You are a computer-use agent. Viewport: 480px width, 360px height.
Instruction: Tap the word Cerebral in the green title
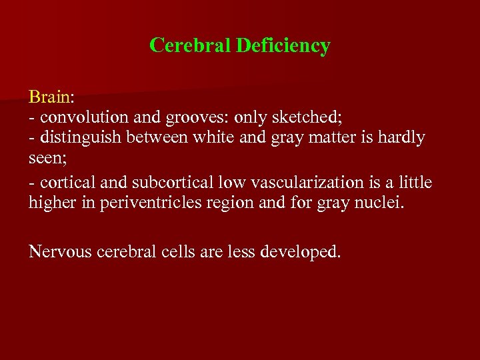coord(191,45)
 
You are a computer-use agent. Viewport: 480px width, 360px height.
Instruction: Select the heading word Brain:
coord(51,97)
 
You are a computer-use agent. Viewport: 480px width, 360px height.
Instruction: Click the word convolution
coord(79,117)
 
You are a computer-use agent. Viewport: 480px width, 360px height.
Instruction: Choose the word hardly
coord(399,138)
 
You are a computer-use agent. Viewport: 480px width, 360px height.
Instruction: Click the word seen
coord(43,159)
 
